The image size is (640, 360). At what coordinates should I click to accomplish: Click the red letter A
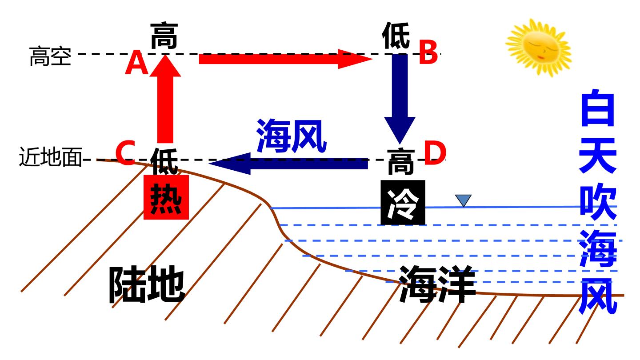(136, 63)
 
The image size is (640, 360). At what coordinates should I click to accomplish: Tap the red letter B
(428, 52)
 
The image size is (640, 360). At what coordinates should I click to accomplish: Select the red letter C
(125, 152)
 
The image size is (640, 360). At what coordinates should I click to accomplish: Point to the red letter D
(435, 153)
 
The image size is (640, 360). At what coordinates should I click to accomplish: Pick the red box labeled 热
(166, 197)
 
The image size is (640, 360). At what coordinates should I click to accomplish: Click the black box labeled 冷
(403, 202)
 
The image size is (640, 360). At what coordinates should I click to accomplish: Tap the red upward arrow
(165, 99)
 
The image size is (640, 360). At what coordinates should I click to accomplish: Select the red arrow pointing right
(286, 59)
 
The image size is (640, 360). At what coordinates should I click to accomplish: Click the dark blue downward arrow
(400, 99)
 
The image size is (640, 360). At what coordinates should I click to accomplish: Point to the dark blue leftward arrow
(288, 164)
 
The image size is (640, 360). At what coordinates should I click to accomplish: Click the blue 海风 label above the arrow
(292, 136)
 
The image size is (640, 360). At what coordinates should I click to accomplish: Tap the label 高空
(50, 56)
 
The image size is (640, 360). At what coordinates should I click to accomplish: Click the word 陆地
(147, 284)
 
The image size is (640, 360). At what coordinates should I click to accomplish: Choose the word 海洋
(437, 284)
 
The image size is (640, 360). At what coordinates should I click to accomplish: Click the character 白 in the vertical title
(598, 108)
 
